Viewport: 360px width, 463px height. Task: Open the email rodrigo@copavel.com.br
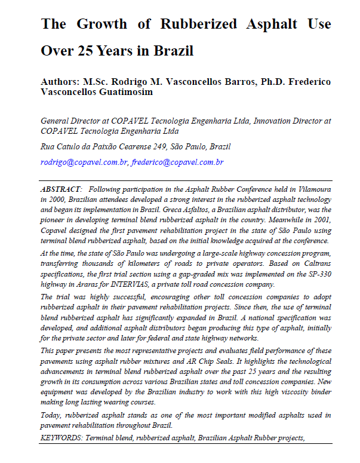point(84,162)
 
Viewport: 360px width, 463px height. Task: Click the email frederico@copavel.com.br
point(178,162)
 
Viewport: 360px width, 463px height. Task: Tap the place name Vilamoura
point(310,189)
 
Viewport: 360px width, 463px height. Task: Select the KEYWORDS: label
point(61,437)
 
